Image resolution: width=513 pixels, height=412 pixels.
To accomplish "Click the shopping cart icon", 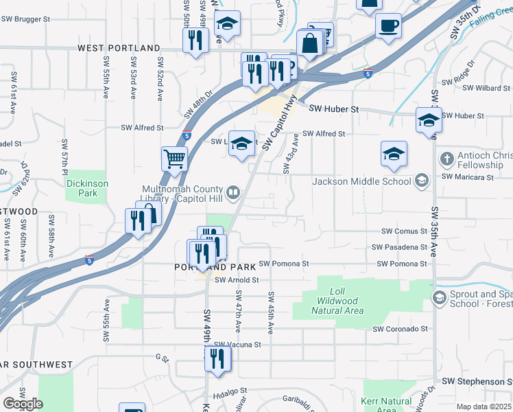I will point(175,159).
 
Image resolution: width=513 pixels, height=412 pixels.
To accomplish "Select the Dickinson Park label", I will point(86,188).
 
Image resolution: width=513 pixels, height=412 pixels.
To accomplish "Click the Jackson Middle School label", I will point(361,181).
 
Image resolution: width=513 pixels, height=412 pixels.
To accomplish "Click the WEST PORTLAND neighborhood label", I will point(119,48).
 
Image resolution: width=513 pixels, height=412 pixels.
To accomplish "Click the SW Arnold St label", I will point(237,280).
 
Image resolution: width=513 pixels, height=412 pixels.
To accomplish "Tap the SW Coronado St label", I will point(401,330).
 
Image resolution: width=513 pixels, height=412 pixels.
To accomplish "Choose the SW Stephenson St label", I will point(477,381).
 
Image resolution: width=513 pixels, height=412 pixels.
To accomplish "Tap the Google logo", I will point(23,404).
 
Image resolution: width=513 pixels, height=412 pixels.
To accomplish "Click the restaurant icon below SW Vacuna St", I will point(217,358).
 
